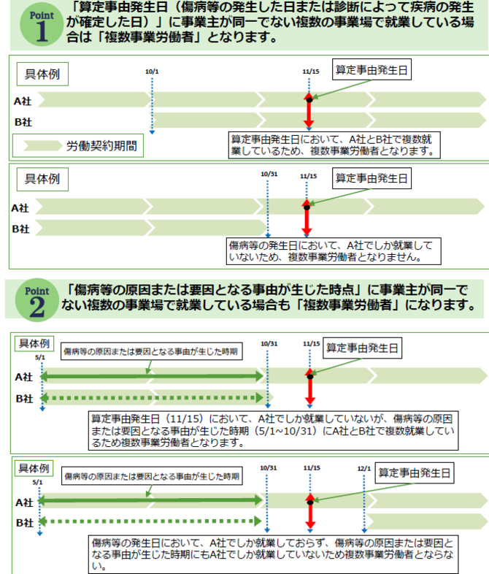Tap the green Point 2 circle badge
point(34,298)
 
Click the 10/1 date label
point(152,72)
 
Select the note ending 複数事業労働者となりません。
point(326,252)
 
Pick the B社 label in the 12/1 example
point(24,523)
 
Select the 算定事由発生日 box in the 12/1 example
point(415,472)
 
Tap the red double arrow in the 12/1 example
point(310,515)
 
